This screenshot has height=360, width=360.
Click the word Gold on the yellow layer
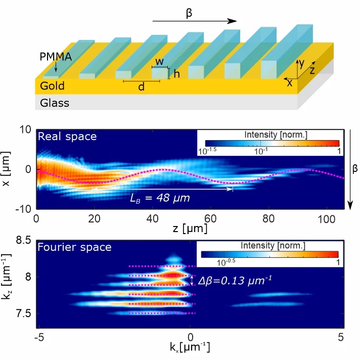coord(53,86)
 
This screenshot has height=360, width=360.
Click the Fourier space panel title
coord(74,248)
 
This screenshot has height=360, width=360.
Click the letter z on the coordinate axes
coord(312,70)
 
